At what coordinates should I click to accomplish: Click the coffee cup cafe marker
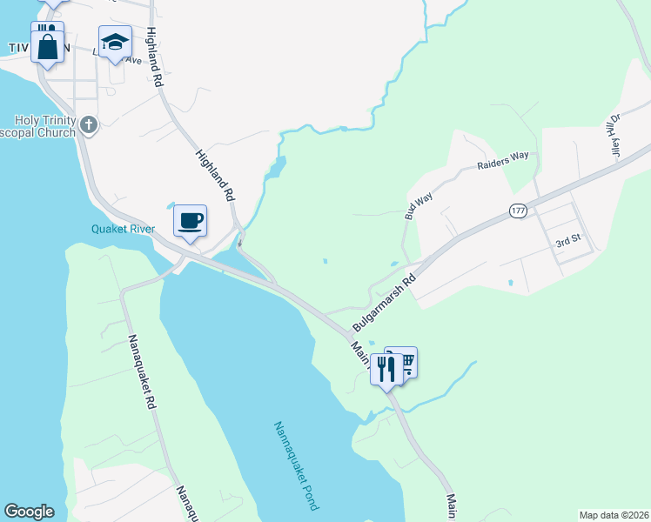click(x=190, y=221)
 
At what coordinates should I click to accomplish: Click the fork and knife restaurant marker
click(x=386, y=370)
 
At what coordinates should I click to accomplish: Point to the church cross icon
click(x=87, y=125)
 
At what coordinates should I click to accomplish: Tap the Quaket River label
click(x=123, y=229)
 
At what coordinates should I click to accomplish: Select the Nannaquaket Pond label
click(x=297, y=465)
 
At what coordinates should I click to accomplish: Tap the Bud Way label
click(x=417, y=205)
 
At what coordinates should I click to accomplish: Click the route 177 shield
click(x=519, y=211)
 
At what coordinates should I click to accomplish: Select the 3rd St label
click(x=567, y=244)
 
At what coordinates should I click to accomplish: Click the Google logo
click(x=29, y=512)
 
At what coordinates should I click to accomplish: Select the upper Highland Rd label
click(x=155, y=57)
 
